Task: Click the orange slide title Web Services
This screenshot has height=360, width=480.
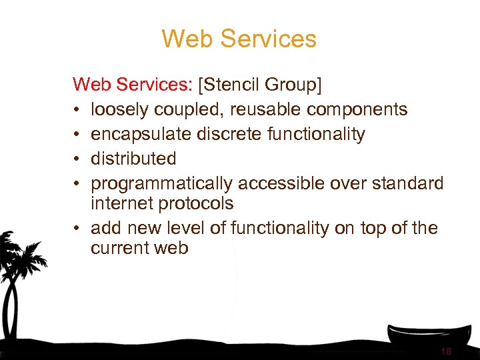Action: pos(239,39)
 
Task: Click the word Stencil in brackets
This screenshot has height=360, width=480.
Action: pos(234,85)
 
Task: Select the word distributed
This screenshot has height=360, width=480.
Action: pos(133,159)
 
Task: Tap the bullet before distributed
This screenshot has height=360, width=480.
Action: pos(77,159)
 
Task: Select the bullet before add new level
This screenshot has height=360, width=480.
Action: pos(77,229)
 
